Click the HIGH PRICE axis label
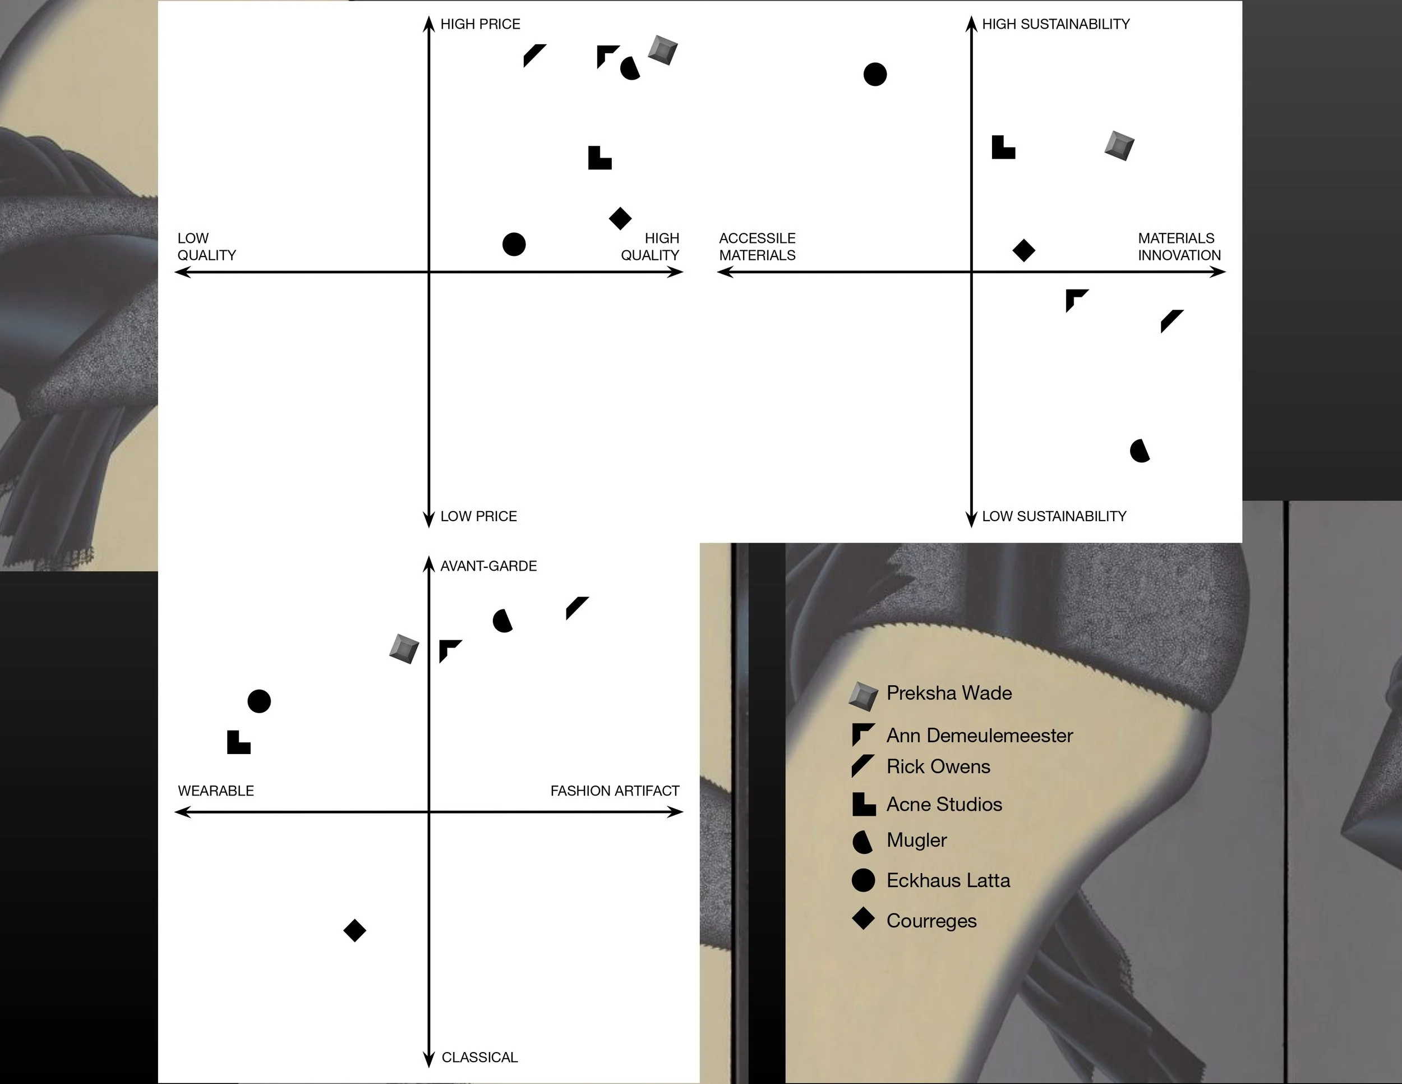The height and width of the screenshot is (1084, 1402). click(480, 24)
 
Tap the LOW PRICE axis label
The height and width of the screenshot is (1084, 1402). click(478, 516)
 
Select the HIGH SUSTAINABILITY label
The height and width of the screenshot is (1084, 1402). click(1055, 24)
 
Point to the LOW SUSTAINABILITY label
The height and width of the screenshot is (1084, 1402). click(1054, 516)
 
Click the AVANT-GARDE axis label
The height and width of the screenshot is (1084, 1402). click(488, 566)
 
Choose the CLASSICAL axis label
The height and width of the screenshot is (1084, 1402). click(479, 1058)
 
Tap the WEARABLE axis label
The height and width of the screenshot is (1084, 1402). click(216, 791)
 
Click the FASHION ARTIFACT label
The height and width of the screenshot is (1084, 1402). click(615, 791)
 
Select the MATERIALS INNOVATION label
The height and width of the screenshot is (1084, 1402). click(1179, 247)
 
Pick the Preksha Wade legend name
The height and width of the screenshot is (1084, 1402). click(949, 693)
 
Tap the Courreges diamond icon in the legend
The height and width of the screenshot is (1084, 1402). click(864, 919)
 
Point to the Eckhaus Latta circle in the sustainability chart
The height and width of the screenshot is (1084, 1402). click(875, 75)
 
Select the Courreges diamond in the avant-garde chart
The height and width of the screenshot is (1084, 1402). click(354, 930)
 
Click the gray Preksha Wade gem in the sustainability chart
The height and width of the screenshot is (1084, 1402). click(1119, 146)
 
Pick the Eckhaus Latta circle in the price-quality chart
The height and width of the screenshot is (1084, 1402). click(514, 244)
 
